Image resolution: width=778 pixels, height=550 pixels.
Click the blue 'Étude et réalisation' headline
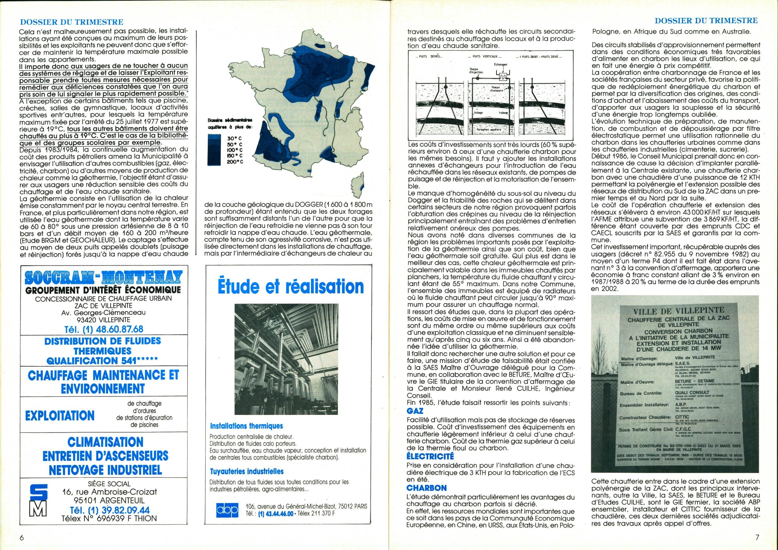pyautogui.click(x=291, y=287)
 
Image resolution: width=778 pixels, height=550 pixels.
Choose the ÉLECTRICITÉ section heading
pyautogui.click(x=430, y=456)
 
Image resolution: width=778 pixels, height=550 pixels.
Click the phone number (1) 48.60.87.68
pyautogui.click(x=104, y=329)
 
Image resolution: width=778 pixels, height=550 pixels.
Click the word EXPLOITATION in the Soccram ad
pyautogui.click(x=60, y=415)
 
